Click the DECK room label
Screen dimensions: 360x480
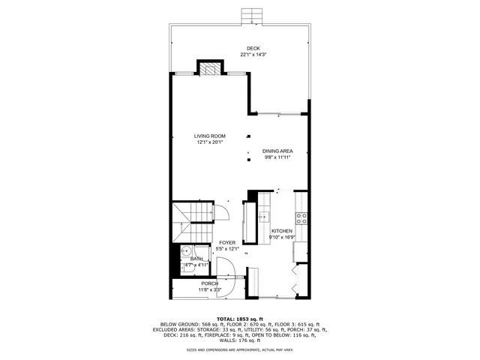point(254,48)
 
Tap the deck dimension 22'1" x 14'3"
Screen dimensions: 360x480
point(254,55)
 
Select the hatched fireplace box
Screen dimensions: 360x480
point(211,68)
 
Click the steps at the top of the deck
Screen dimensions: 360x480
point(250,16)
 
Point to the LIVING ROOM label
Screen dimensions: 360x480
point(210,136)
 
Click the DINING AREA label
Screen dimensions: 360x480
point(277,151)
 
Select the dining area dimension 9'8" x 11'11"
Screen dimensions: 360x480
point(277,157)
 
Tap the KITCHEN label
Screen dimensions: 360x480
point(282,230)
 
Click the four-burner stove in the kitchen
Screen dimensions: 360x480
point(301,218)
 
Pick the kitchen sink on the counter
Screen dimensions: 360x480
point(264,217)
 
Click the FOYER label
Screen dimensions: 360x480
point(227,242)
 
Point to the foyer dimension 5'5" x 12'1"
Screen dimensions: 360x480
point(227,249)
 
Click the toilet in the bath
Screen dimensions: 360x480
point(188,265)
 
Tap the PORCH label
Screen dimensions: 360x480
point(210,283)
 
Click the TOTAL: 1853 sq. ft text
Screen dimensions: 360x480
point(240,319)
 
